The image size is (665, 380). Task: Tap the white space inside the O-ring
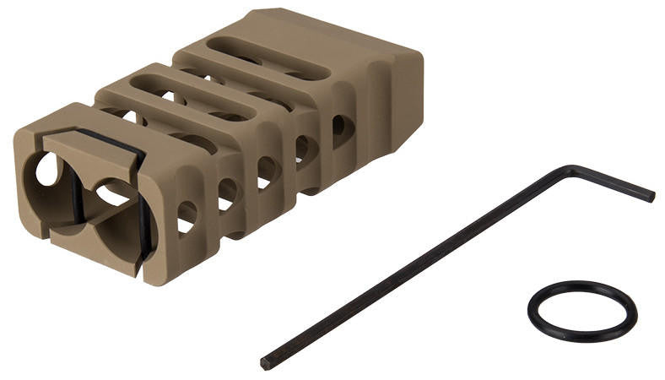point(581,311)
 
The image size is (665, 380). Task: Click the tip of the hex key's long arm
point(265,364)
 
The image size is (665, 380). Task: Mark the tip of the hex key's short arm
point(650,197)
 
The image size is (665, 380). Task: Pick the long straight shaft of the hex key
point(405,270)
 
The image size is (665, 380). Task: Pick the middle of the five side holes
point(267,170)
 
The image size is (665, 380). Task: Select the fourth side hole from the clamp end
point(303,148)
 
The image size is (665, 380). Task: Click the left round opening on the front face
point(47,170)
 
